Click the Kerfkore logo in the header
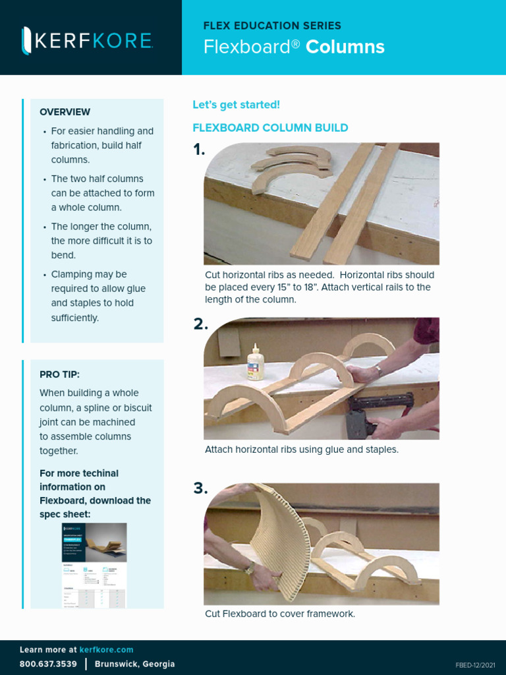click(88, 40)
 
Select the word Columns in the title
click(345, 47)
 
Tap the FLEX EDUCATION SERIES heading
click(272, 26)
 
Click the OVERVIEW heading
click(65, 112)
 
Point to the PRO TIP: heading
click(59, 374)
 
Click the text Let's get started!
click(236, 105)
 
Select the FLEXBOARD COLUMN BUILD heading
click(270, 128)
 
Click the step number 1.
click(199, 150)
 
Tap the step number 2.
click(200, 324)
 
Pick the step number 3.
click(200, 488)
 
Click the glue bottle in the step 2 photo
click(255, 363)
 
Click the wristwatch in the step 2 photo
click(378, 370)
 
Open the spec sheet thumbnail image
click(94, 565)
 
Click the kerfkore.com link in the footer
click(106, 650)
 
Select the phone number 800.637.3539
click(48, 664)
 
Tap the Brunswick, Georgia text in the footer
click(135, 664)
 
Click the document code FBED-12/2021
click(475, 665)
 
